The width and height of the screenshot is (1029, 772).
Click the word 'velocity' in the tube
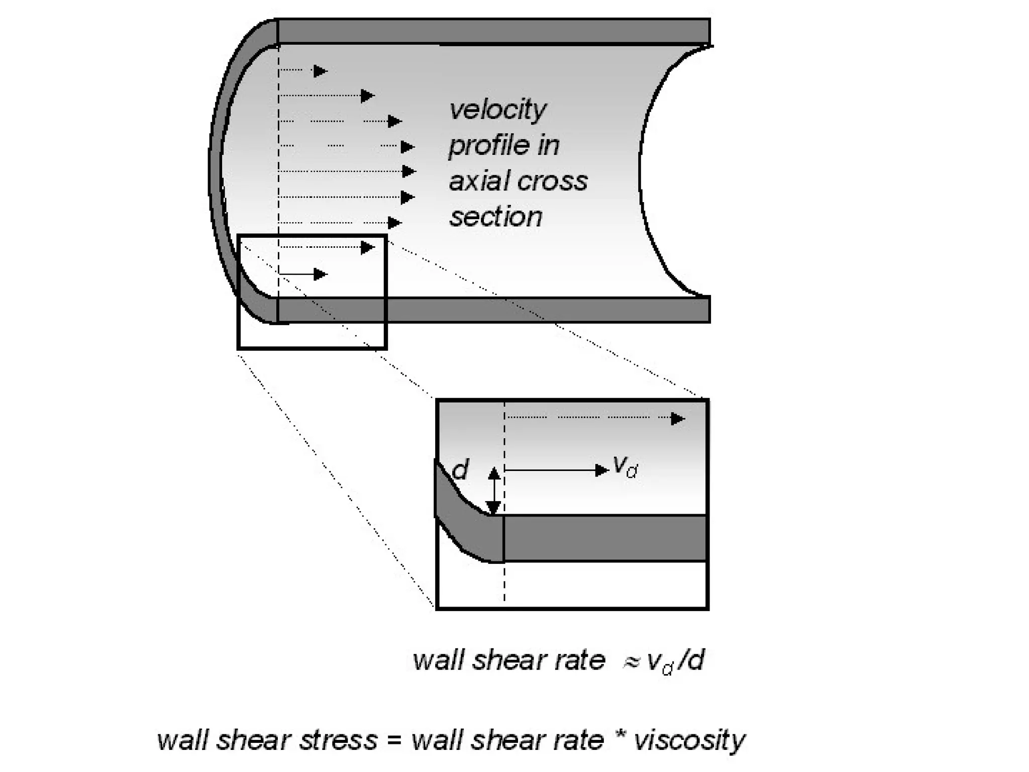click(x=497, y=110)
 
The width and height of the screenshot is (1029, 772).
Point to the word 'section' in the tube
click(x=495, y=217)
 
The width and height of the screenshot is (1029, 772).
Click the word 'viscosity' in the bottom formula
click(x=689, y=740)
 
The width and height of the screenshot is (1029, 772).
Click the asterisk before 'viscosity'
click(x=619, y=738)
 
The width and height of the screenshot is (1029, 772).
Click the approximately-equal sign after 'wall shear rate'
click(x=631, y=662)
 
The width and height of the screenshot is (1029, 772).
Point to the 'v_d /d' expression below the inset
click(x=676, y=661)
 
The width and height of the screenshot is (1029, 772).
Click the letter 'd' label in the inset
click(x=460, y=470)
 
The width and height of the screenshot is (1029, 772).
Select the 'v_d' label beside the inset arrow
click(x=625, y=467)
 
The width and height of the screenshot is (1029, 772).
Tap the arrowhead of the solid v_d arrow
click(x=601, y=470)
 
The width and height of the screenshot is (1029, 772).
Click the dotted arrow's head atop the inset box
click(x=678, y=419)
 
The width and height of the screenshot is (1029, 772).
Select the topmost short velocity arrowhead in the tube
click(x=320, y=71)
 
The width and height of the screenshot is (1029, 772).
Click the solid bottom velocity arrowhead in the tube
click(x=320, y=274)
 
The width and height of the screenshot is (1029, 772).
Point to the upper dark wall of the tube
click(x=492, y=31)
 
